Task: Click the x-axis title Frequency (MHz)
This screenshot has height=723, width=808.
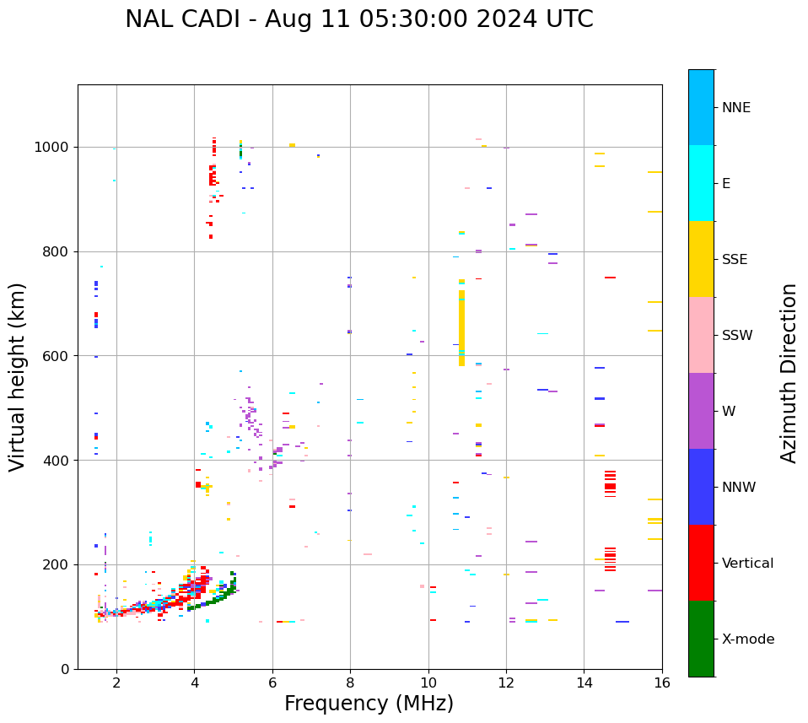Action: tap(369, 704)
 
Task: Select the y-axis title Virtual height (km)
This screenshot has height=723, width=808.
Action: tap(18, 376)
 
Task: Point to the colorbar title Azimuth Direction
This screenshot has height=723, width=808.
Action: tap(789, 373)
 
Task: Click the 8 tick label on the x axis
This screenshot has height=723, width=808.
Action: tap(350, 683)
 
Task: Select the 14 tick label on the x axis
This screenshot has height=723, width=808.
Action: tap(584, 683)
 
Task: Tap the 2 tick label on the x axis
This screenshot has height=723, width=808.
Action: tap(116, 683)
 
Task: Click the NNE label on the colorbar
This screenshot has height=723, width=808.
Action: tap(735, 108)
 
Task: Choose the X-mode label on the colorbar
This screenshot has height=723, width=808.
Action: tap(748, 639)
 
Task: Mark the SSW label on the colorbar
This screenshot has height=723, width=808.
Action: tap(737, 336)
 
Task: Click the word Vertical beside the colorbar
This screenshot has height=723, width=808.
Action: tap(747, 564)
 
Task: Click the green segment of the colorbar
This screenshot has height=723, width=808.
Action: tap(701, 639)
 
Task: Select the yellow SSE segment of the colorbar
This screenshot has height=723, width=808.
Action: tap(701, 259)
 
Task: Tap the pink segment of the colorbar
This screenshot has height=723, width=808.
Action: tap(701, 335)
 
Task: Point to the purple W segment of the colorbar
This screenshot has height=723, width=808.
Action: tap(701, 411)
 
